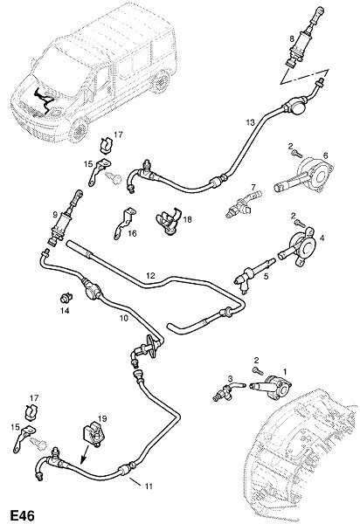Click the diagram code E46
pyautogui.click(x=23, y=515)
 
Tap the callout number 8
pyautogui.click(x=292, y=38)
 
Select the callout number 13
pyautogui.click(x=251, y=122)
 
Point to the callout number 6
pyautogui.click(x=325, y=155)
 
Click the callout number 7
pyautogui.click(x=253, y=187)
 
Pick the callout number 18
pyautogui.click(x=188, y=219)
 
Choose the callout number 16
pyautogui.click(x=132, y=233)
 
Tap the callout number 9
pyautogui.click(x=55, y=216)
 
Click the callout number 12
pyautogui.click(x=151, y=276)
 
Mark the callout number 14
pyautogui.click(x=65, y=311)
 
